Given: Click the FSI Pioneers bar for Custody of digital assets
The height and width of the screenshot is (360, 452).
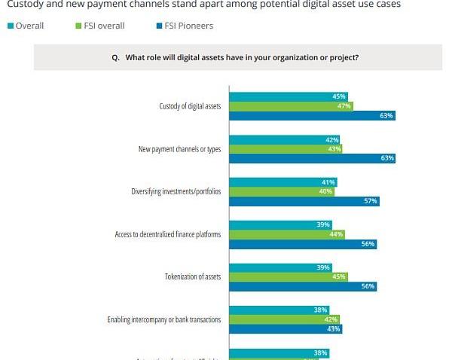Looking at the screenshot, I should [313, 115].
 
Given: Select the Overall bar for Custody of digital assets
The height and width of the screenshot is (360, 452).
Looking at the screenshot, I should [289, 96].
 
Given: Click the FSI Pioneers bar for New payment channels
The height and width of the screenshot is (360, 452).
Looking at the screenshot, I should [313, 158].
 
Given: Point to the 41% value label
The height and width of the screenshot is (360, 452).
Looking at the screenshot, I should [329, 182].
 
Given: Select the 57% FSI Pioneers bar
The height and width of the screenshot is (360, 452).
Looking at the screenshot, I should [304, 201].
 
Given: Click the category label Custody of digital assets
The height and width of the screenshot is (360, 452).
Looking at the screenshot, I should [190, 106].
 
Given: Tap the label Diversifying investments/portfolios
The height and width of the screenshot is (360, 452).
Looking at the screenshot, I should [176, 191].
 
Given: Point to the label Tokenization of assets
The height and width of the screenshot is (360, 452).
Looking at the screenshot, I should [193, 276].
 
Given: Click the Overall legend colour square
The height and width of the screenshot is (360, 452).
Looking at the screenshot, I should [11, 26].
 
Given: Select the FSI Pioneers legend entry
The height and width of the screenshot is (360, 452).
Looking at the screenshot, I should [183, 26].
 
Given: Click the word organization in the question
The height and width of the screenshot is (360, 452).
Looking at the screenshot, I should [303, 57].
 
